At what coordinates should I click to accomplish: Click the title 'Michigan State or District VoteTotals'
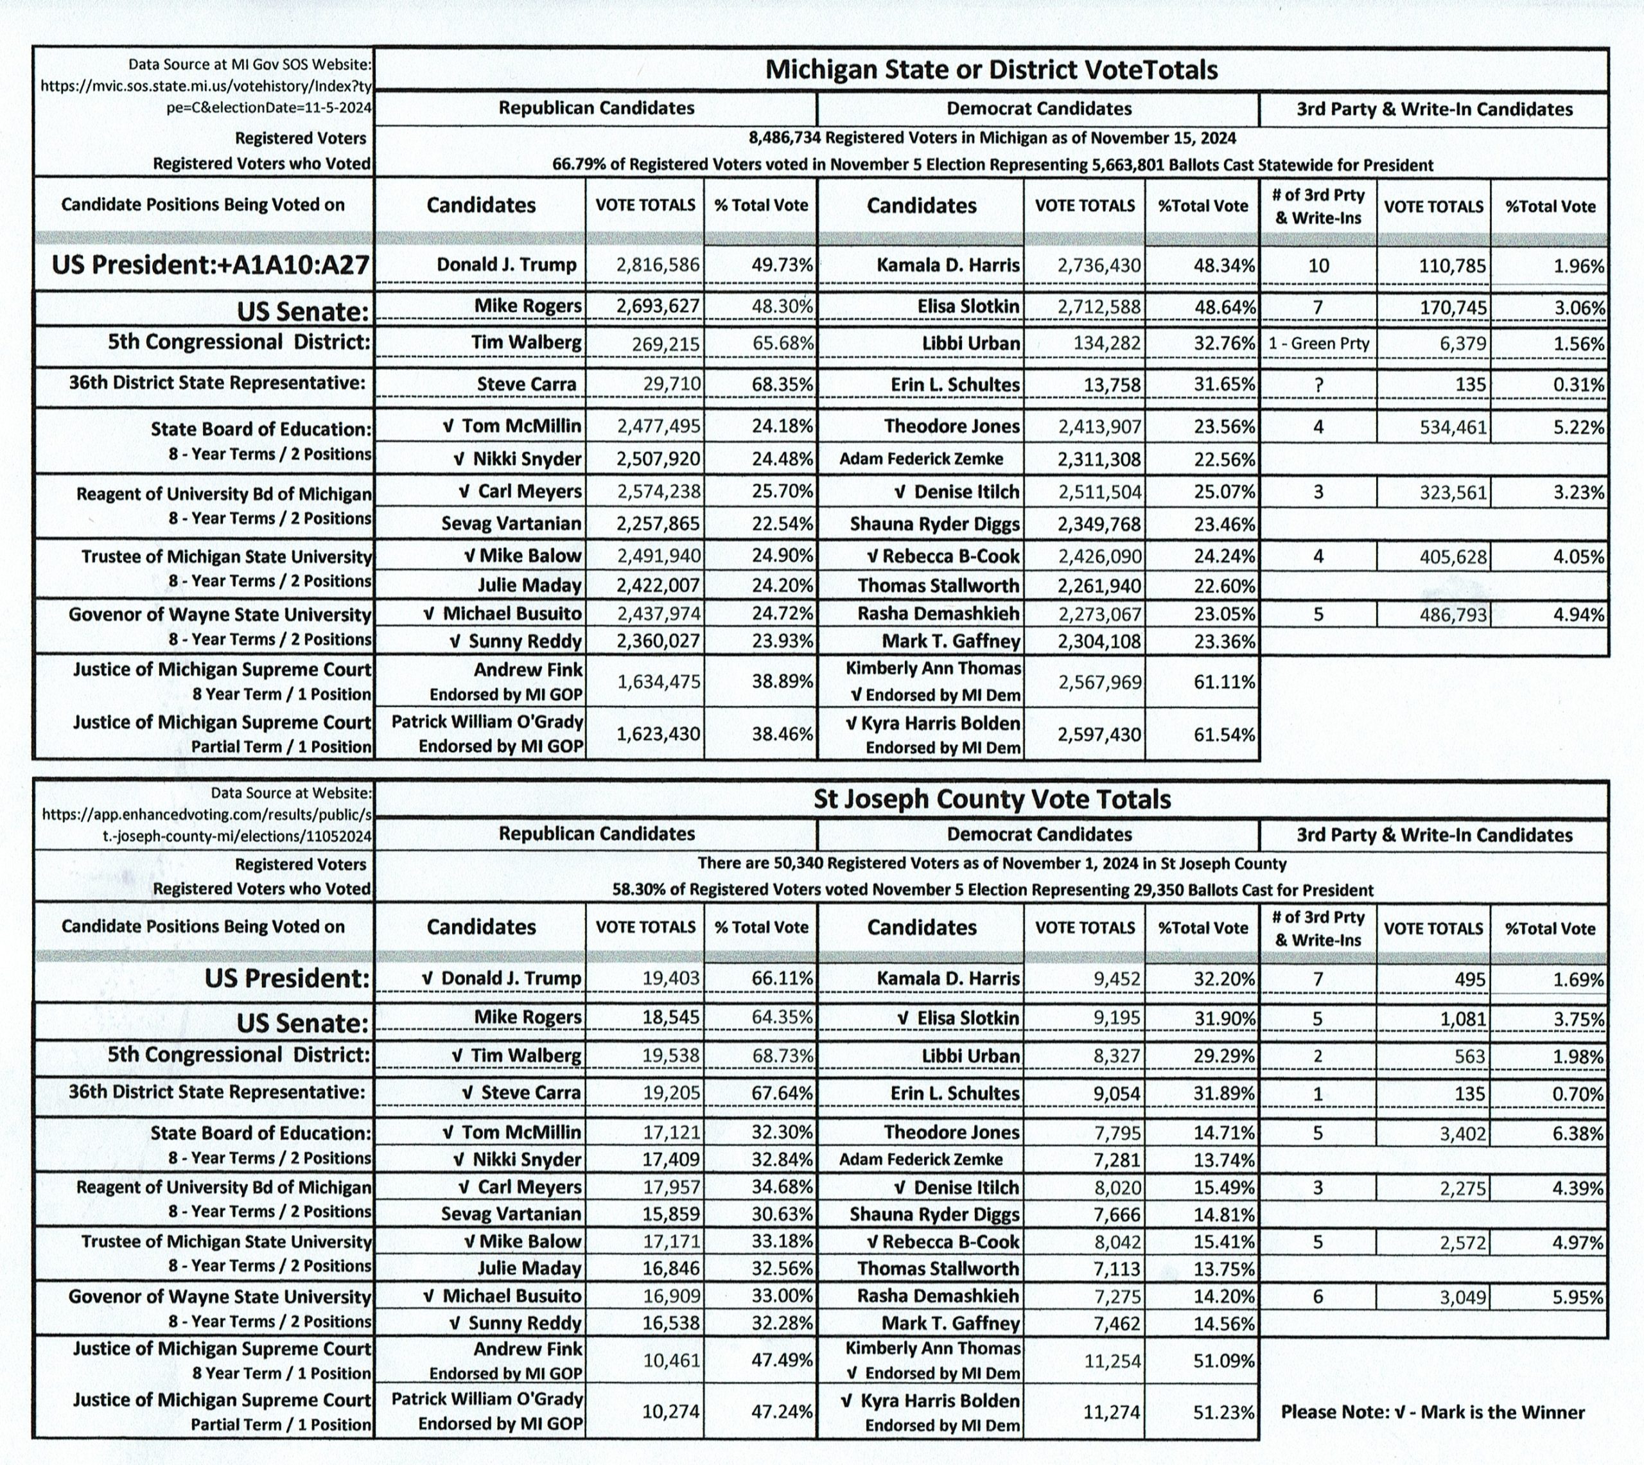(x=991, y=70)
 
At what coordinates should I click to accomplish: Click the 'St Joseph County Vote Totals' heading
(x=992, y=800)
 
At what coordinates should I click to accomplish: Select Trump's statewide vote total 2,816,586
(x=658, y=265)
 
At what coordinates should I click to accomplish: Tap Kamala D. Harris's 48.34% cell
(x=1224, y=265)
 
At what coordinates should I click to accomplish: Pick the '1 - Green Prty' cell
(x=1318, y=344)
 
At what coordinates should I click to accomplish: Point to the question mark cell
(x=1318, y=385)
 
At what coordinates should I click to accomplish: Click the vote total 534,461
(x=1453, y=426)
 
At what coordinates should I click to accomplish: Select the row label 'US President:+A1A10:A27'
(x=210, y=265)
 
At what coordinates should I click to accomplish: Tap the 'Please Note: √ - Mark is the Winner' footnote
(x=1432, y=1412)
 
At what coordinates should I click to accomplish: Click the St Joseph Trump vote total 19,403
(x=671, y=979)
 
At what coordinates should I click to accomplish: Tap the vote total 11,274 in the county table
(x=1114, y=1412)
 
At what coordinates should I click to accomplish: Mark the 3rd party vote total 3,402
(x=1463, y=1134)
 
